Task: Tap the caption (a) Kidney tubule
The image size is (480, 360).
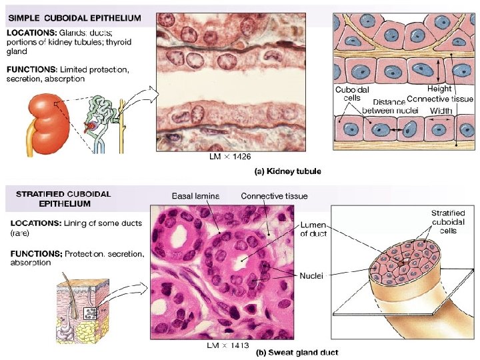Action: click(289, 171)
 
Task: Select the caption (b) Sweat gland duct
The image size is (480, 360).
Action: click(297, 352)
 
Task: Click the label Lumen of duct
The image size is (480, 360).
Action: click(313, 230)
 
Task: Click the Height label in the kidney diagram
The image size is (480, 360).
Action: click(439, 88)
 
